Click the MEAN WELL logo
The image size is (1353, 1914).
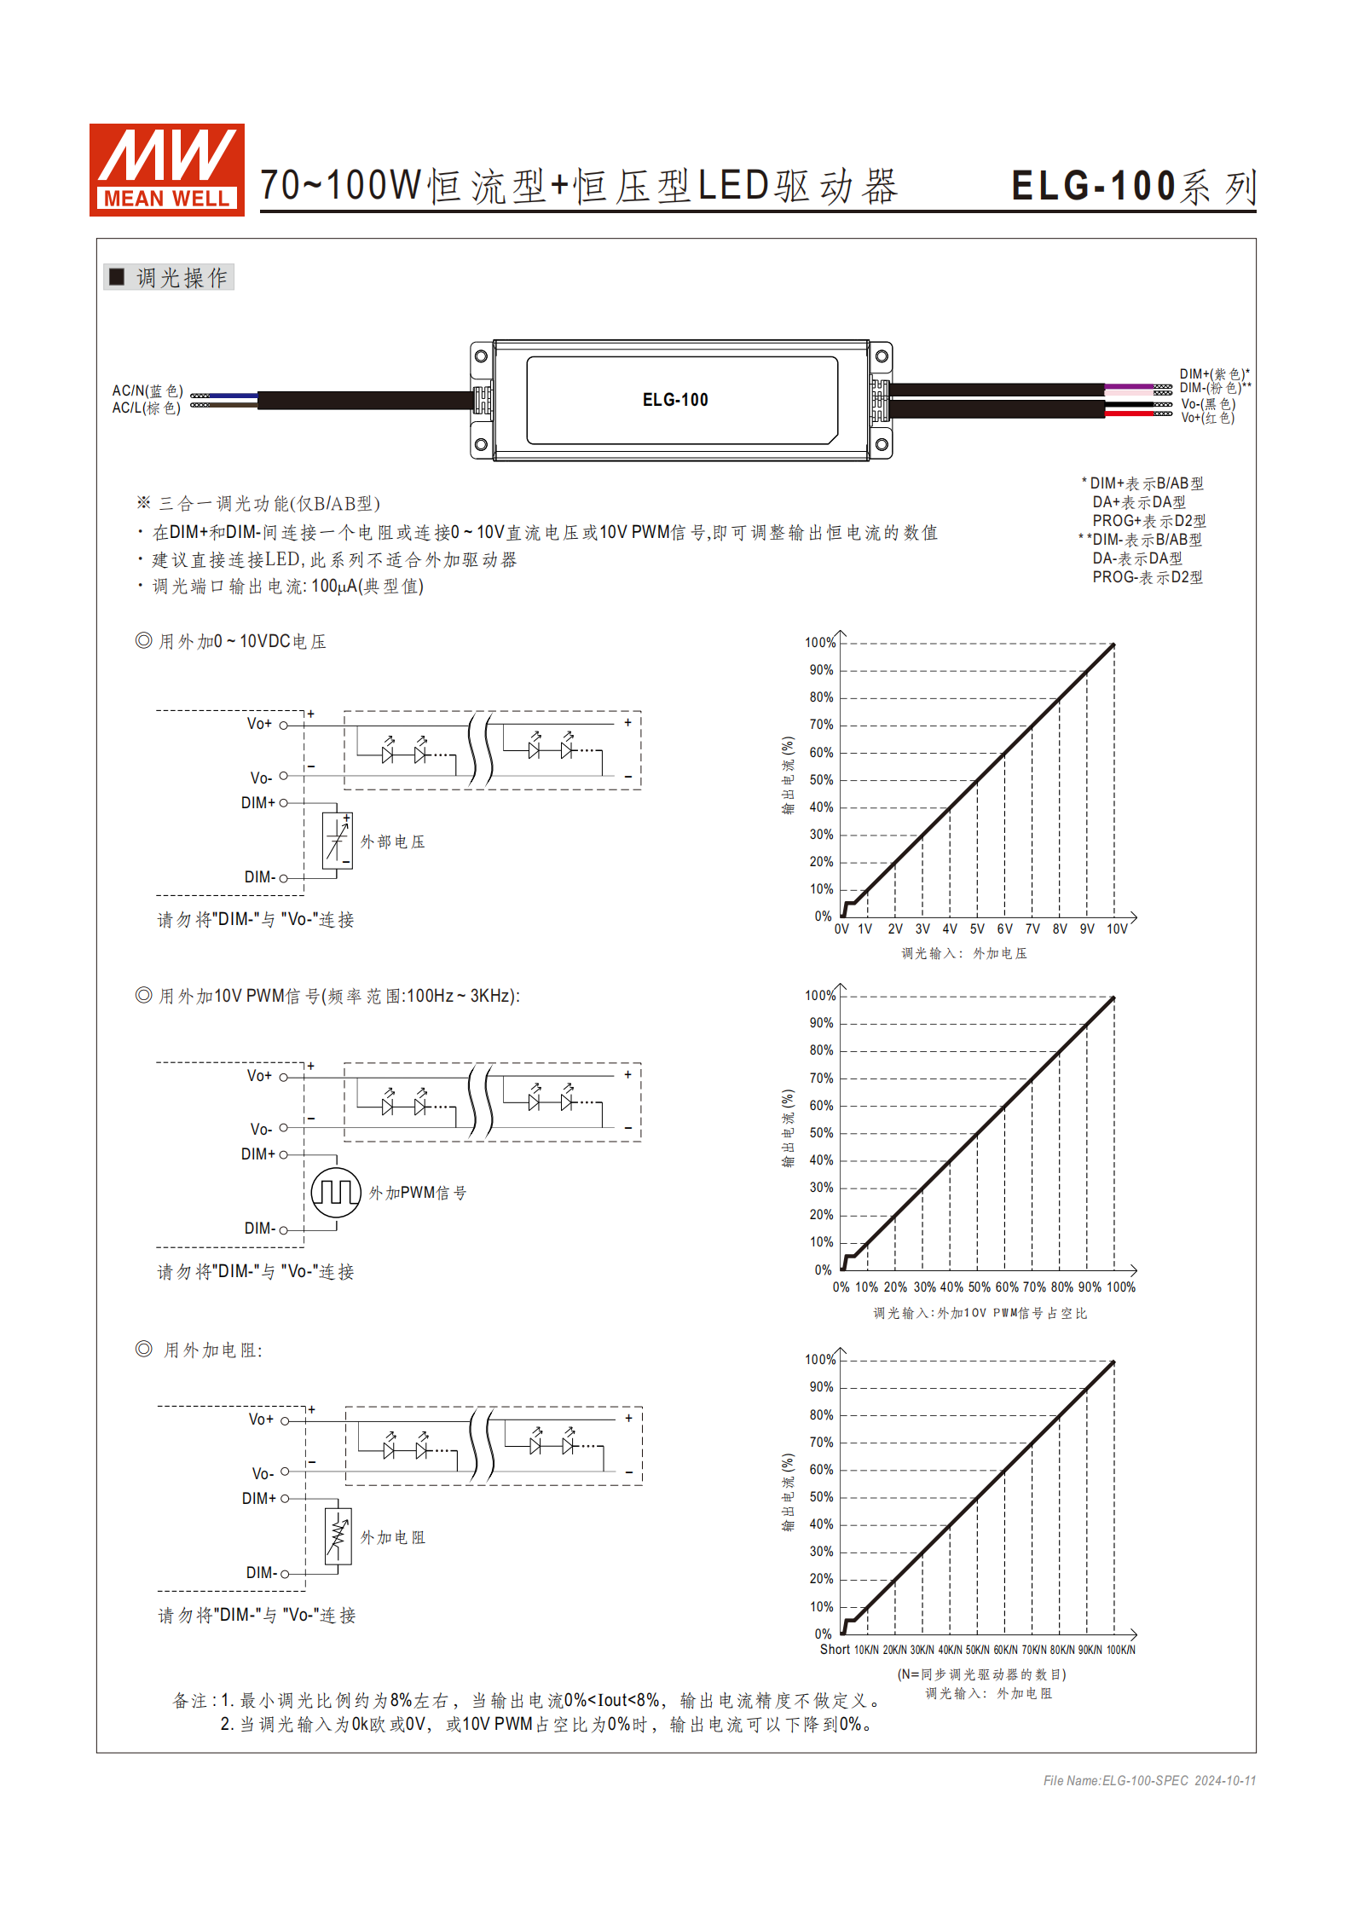[x=166, y=170]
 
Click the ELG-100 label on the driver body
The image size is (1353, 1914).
[x=674, y=400]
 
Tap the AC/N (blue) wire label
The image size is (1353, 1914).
[x=147, y=390]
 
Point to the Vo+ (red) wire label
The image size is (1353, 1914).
[x=1207, y=418]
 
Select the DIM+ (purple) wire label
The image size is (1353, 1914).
[x=1213, y=373]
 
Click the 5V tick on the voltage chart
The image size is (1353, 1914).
[x=977, y=929]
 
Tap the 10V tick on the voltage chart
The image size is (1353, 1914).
[x=1117, y=929]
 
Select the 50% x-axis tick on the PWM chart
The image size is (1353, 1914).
[x=979, y=1287]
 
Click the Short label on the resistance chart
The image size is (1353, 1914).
[x=835, y=1650]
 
